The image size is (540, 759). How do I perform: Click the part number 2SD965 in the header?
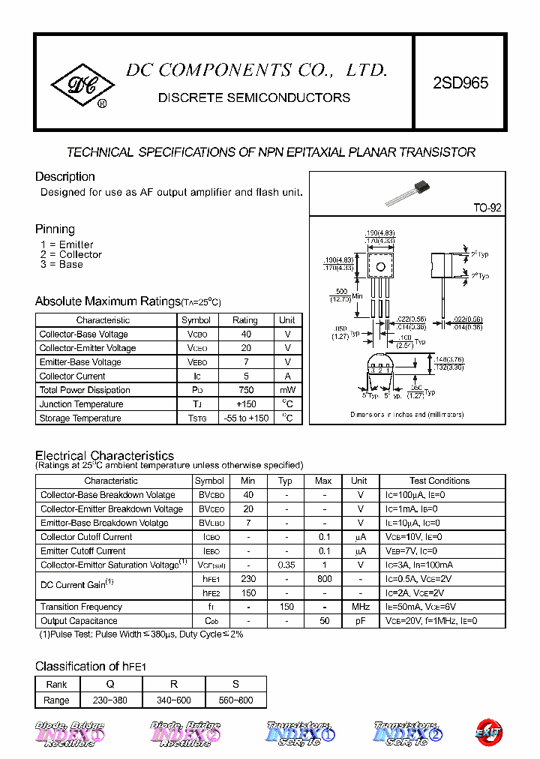point(460,82)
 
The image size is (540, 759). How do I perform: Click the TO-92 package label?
point(487,208)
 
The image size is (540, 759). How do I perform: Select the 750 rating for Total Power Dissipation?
point(245,390)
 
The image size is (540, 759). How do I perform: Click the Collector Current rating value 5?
point(245,376)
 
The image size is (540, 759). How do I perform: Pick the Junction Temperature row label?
point(81,404)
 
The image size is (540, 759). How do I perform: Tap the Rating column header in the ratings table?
point(245,320)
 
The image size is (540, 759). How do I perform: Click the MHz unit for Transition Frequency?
point(360,607)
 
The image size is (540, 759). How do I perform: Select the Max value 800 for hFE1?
point(323,579)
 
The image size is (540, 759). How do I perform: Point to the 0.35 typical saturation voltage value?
point(285,565)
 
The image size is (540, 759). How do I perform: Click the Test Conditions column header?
point(439,481)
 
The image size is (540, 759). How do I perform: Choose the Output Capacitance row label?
point(79,621)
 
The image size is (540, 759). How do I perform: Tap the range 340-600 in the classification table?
point(173,700)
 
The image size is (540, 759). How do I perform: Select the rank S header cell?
point(235,685)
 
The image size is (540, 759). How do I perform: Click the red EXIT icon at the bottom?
point(488,733)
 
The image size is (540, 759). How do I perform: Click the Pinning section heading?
point(55,229)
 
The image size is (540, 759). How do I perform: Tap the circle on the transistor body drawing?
point(380,266)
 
